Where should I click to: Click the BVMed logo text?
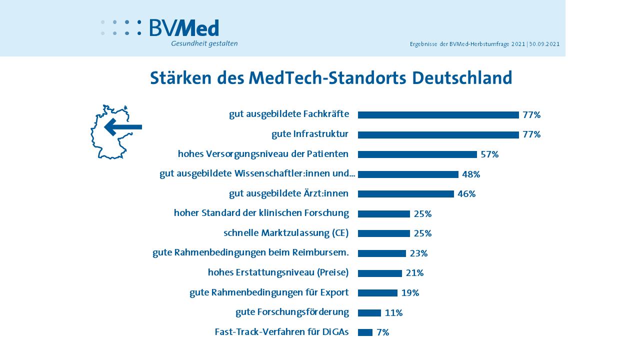(184, 28)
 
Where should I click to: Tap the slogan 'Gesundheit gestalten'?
(204, 43)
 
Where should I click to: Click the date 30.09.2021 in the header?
(544, 44)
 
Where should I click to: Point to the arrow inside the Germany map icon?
(123, 127)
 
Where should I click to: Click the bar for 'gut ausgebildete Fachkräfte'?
(438, 115)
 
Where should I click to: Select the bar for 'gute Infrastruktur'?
(438, 135)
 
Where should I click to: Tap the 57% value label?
(489, 154)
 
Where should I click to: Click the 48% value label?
(471, 174)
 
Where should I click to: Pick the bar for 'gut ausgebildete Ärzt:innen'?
(405, 194)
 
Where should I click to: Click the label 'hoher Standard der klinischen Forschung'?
(261, 213)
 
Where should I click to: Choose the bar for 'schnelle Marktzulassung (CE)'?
(383, 233)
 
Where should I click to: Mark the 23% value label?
(418, 253)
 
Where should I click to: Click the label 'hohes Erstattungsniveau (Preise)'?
(278, 272)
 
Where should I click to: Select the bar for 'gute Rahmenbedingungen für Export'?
(377, 293)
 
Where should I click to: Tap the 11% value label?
(393, 313)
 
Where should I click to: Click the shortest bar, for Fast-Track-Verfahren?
(365, 332)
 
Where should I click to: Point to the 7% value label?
(382, 332)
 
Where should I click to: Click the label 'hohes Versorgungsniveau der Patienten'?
(263, 154)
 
